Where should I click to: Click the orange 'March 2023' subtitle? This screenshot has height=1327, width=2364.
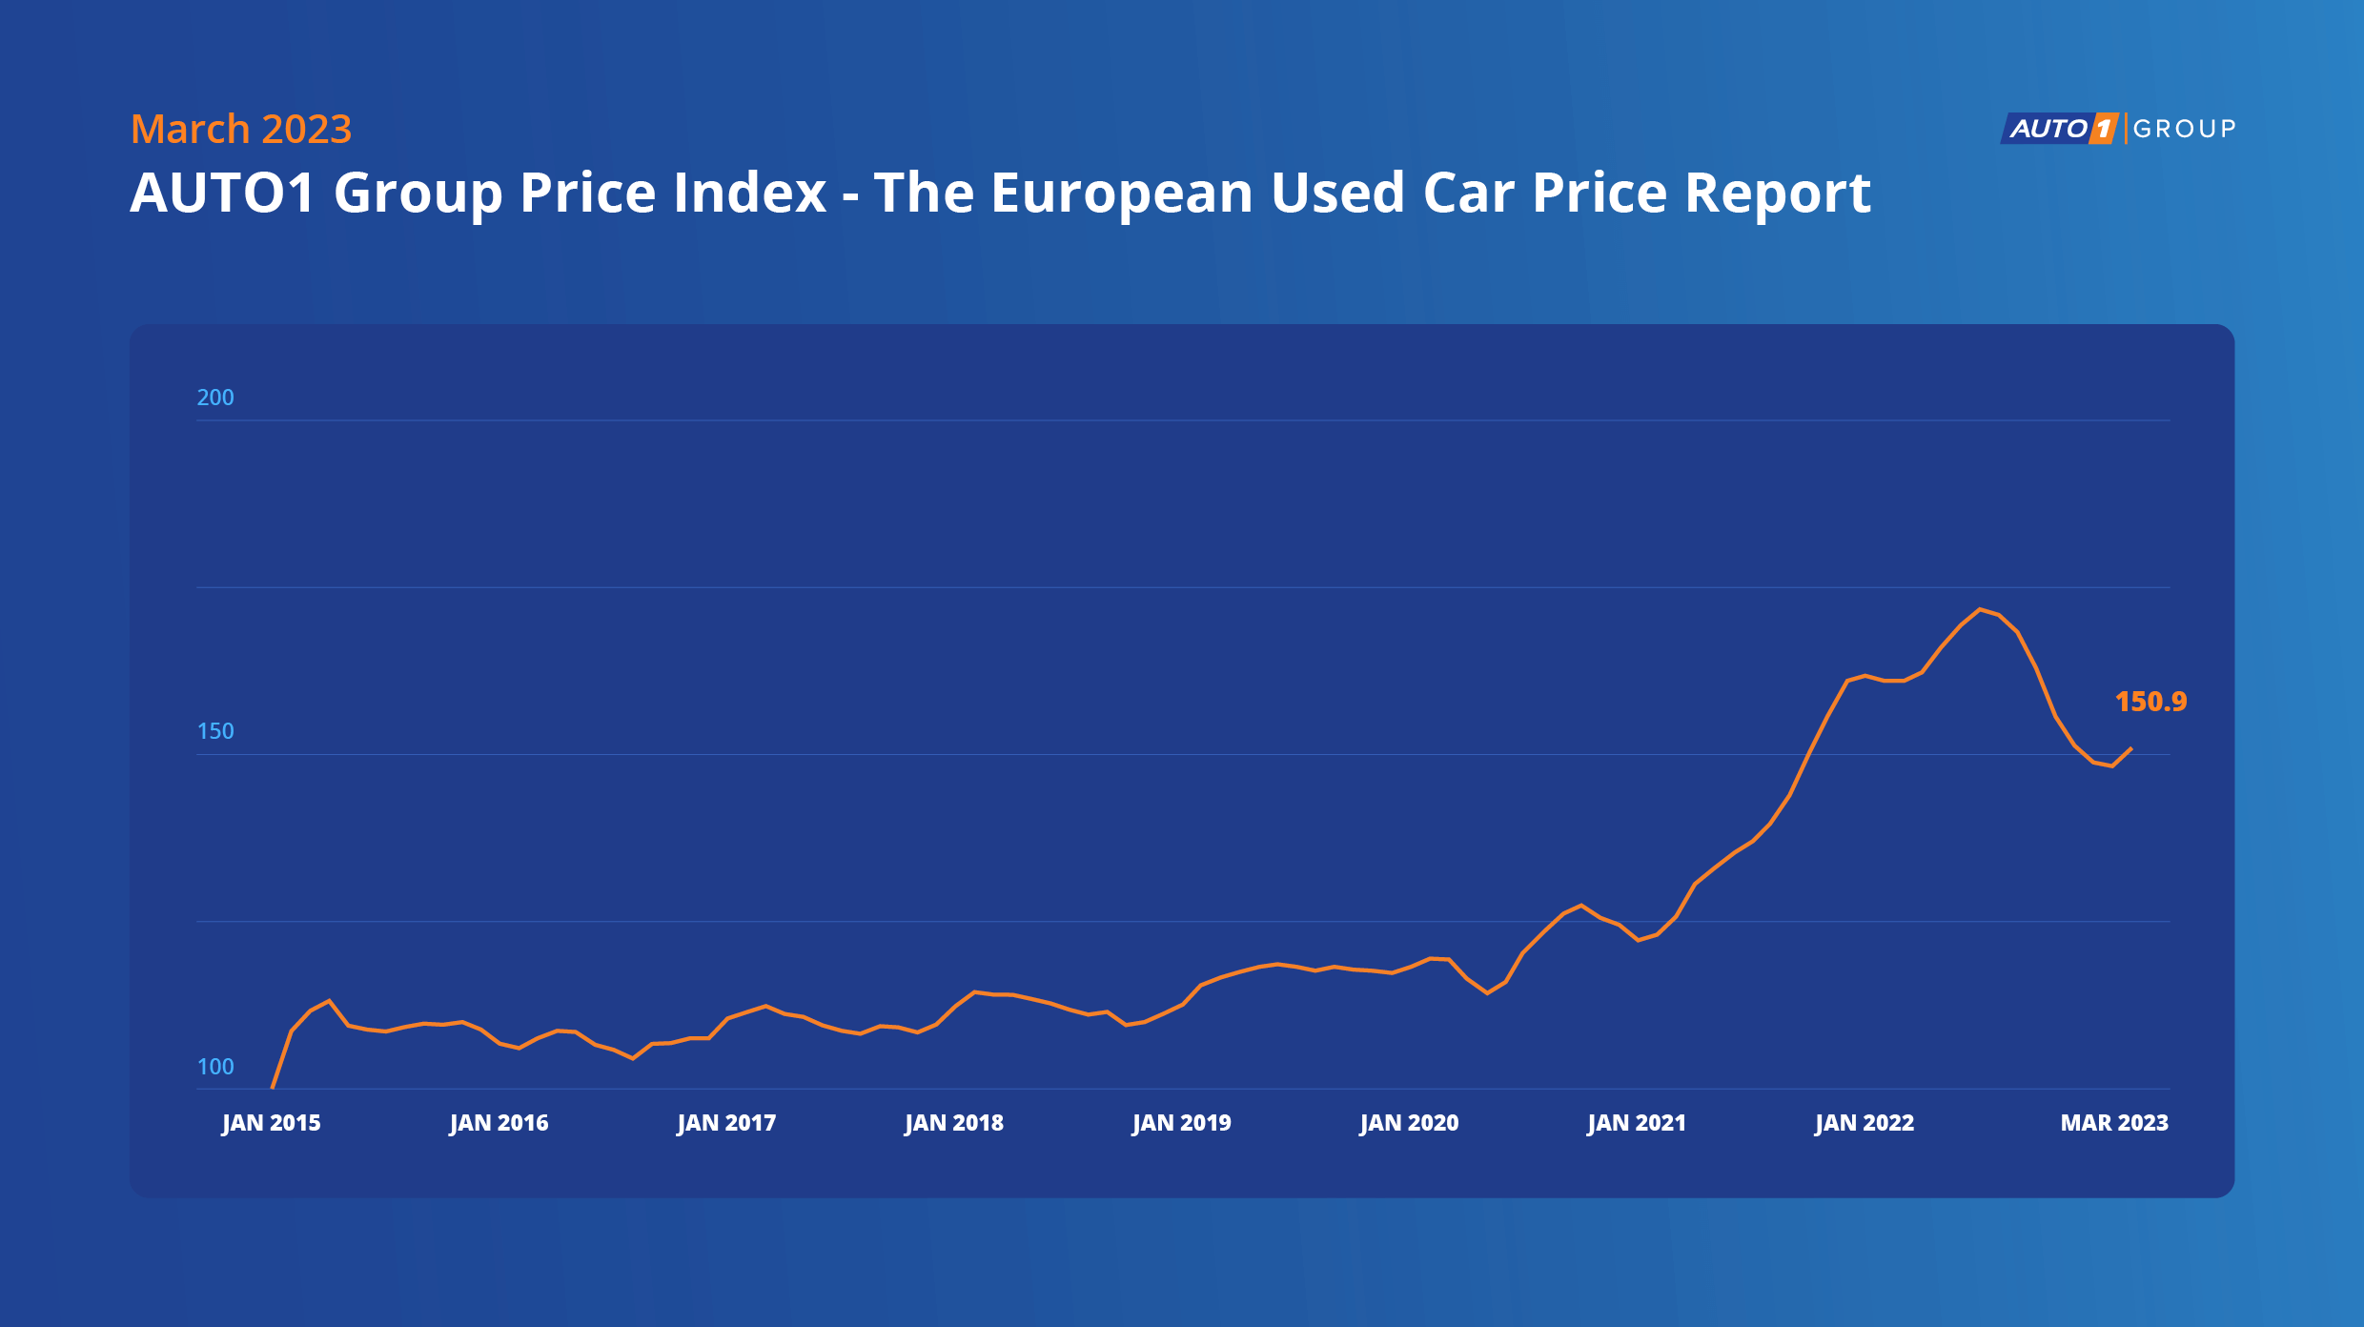pos(241,129)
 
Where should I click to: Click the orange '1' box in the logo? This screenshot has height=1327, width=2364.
pos(2104,129)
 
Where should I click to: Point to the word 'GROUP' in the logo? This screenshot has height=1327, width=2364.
pos(2184,129)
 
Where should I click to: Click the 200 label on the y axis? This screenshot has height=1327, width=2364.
pos(215,398)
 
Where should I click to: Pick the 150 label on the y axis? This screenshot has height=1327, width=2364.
pos(215,731)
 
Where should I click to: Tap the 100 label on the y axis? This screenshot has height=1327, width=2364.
pos(215,1067)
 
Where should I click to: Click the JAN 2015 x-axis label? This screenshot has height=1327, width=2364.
pos(271,1123)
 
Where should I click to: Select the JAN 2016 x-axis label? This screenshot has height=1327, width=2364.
pos(499,1123)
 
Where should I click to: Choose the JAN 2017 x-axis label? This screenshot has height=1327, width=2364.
pos(726,1123)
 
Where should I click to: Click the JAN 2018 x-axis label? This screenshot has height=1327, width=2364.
pos(954,1123)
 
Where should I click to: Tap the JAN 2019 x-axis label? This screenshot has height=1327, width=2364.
pos(1182,1123)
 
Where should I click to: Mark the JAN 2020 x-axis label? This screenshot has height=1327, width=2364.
pos(1409,1123)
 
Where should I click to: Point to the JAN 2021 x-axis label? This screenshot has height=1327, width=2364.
pos(1637,1123)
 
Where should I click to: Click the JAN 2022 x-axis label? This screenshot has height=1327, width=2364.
pos(1865,1123)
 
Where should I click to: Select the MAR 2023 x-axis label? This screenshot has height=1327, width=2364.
pos(2114,1123)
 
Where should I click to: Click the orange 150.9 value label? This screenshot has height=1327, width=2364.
pos(2150,702)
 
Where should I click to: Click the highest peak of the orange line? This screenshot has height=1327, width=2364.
pos(1980,609)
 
